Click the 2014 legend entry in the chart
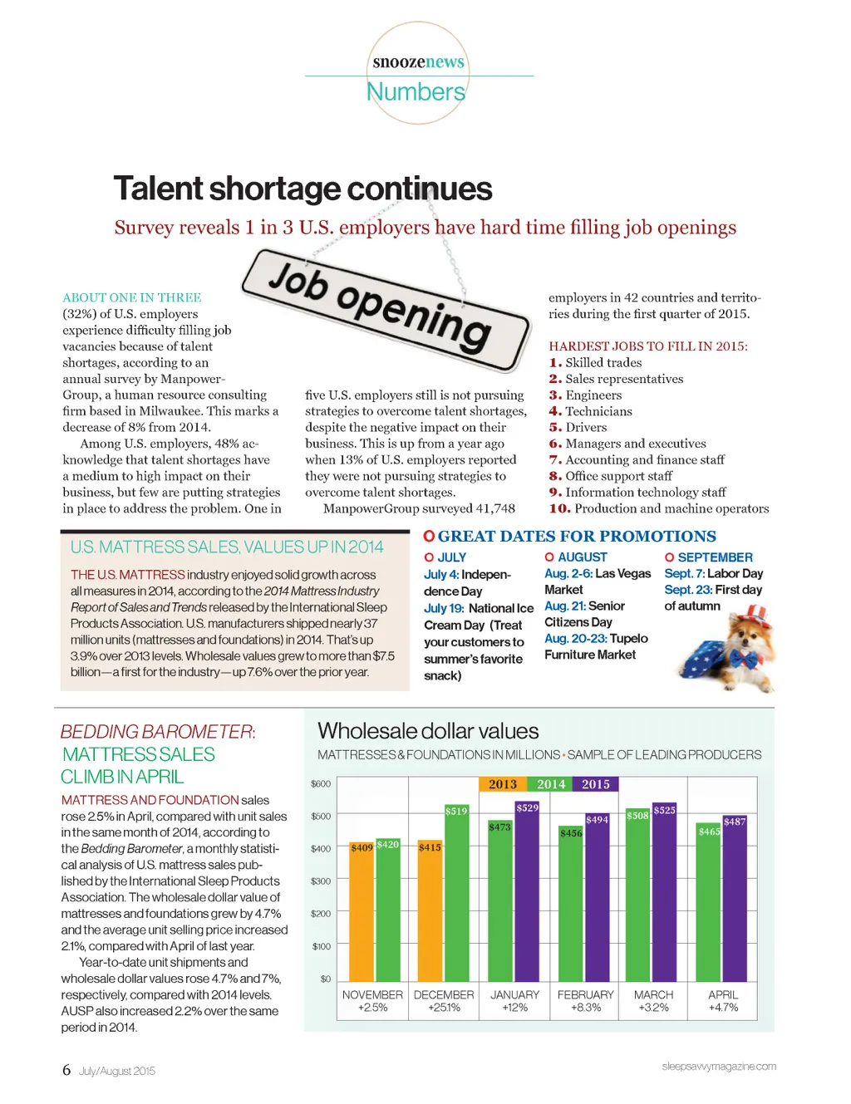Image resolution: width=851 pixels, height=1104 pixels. [550, 784]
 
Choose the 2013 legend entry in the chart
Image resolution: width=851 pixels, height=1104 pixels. [502, 784]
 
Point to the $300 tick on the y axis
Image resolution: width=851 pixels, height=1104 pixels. [321, 881]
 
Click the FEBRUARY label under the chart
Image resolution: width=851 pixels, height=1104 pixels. [586, 995]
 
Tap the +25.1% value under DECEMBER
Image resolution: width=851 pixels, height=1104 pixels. [444, 1008]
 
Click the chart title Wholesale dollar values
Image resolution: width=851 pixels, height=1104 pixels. [428, 731]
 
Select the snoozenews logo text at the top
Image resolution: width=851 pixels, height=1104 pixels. [418, 62]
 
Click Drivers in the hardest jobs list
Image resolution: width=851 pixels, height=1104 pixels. [586, 428]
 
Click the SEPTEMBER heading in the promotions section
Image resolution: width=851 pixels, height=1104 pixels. [715, 557]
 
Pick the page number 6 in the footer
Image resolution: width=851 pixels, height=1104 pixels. [66, 1070]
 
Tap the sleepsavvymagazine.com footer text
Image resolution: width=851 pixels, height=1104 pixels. [719, 1067]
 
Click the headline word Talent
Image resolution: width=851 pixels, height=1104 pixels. [158, 189]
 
